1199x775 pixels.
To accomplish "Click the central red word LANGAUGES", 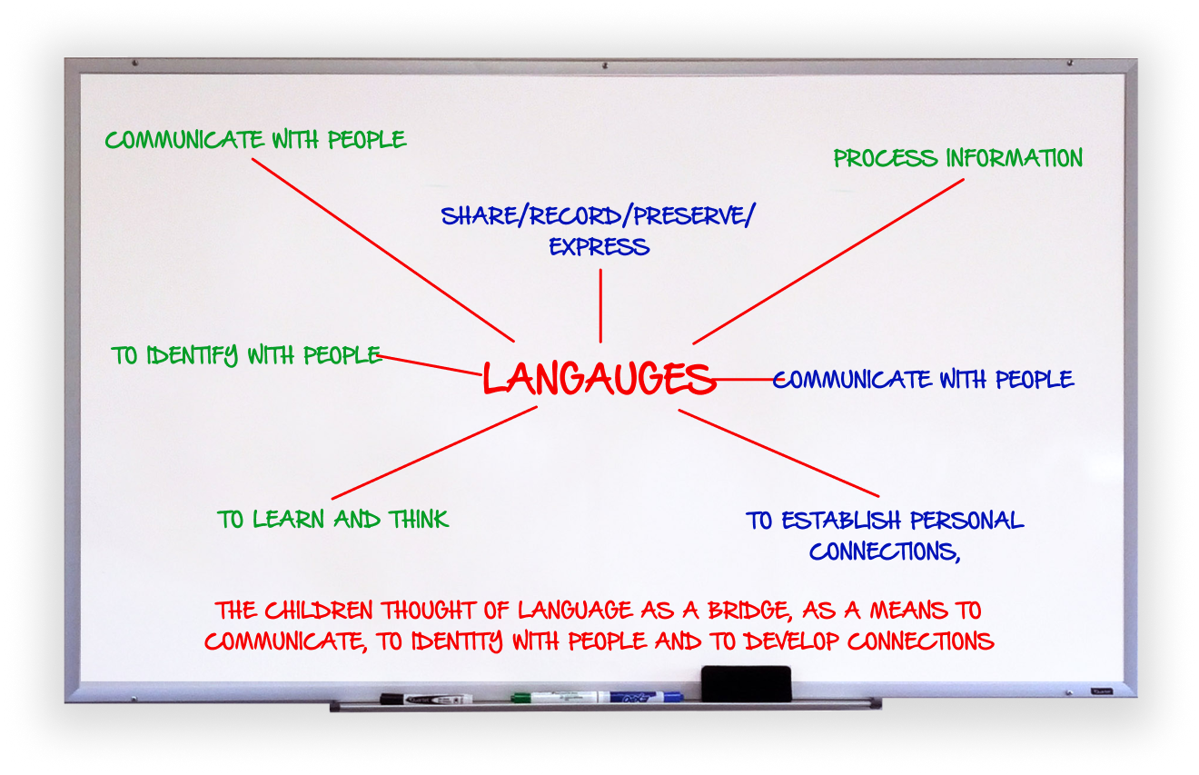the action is (x=599, y=378).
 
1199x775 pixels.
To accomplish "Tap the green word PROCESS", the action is (x=886, y=158).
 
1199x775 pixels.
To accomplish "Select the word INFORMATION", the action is (x=1015, y=158).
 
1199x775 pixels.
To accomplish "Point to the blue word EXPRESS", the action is (x=599, y=247).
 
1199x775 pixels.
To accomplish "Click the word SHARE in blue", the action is (x=479, y=215).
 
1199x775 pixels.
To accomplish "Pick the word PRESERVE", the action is (x=689, y=215).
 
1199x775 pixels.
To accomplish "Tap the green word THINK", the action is (x=419, y=519).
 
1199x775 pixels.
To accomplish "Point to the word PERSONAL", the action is (x=966, y=521).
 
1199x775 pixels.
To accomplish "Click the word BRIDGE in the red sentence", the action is (x=750, y=611).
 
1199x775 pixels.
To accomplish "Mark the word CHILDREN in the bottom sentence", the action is (x=318, y=611).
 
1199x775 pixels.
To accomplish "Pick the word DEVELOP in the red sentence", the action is (x=792, y=641).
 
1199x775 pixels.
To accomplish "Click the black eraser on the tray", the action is (x=746, y=683).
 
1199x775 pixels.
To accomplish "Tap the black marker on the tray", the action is (x=426, y=699).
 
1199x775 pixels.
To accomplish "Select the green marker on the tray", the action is (x=554, y=697).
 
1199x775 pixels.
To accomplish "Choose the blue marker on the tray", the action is (x=640, y=697).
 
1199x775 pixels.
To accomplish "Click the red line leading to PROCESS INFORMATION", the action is (x=828, y=262).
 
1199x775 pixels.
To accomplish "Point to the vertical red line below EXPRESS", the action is (x=600, y=305).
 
